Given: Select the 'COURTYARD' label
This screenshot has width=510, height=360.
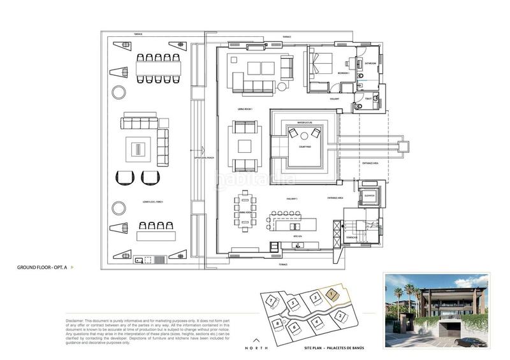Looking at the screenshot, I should point(304,145).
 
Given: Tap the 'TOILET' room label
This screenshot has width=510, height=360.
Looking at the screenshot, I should point(368,98).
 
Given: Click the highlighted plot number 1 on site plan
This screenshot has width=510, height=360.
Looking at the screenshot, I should point(331,294).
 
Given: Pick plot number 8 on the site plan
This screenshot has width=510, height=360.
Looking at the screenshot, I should point(279,324).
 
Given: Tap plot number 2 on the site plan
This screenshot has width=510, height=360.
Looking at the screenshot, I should point(342,315).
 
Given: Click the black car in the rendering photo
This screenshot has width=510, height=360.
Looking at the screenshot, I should point(470,342).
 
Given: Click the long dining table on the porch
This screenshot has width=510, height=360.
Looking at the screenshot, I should point(158,67).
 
